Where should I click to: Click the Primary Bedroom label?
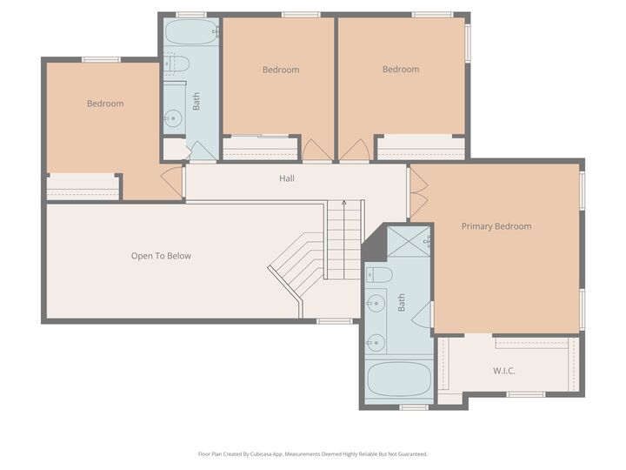496,226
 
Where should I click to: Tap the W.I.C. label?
503,371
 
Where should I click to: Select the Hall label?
287,178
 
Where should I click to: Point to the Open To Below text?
161,256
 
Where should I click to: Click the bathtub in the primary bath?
399,379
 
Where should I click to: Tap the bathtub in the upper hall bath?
191,31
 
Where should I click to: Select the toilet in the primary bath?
379,275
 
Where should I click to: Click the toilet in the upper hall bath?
176,64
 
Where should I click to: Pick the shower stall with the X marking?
409,241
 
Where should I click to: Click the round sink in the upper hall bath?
173,117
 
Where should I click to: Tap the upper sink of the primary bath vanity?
376,304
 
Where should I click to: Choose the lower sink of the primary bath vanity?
376,343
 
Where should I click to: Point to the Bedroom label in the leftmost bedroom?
105,104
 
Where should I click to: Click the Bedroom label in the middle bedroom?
281,70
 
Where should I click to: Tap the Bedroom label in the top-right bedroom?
401,69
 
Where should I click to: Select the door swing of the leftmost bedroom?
172,183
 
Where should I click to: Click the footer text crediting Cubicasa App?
313,454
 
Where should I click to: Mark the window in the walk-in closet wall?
526,394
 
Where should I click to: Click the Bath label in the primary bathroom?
401,303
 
